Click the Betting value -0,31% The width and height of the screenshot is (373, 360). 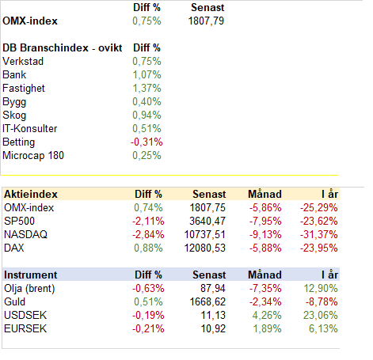pos(147,142)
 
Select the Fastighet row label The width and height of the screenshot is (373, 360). pos(24,89)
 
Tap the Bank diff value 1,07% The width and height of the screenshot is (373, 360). pos(147,75)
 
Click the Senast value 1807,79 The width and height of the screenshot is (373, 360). pos(206,21)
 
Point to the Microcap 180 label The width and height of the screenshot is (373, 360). pos(33,156)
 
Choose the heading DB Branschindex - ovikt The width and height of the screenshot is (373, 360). pos(62,48)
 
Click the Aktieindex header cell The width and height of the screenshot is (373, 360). pos(31,195)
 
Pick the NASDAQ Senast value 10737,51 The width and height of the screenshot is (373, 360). pos(205,234)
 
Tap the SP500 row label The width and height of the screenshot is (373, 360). pos(19,221)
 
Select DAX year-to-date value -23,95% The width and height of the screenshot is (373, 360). pos(318,248)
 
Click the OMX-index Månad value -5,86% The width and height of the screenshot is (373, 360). pos(265,207)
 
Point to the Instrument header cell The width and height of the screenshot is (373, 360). pos(31,275)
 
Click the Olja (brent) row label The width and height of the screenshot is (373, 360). pos(29,289)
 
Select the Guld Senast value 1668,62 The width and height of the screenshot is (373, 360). pos(207,301)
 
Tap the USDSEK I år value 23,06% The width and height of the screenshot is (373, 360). pos(321,315)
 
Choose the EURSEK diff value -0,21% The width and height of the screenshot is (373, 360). pos(148,328)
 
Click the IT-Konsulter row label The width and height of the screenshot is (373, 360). pos(29,129)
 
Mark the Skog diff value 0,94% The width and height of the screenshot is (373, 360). pos(147,116)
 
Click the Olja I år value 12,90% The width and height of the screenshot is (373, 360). pos(321,288)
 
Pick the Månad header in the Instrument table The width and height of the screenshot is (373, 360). pos(265,275)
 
